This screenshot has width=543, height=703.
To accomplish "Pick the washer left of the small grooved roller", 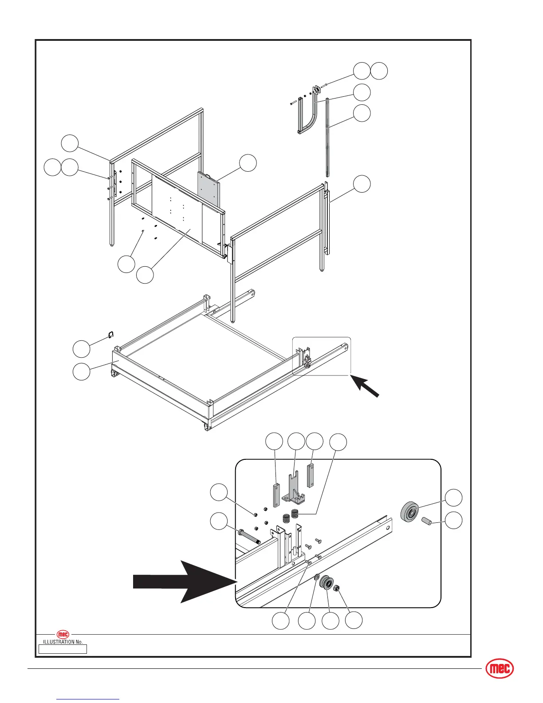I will tap(317, 577).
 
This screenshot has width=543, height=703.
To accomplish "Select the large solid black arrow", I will tap(186, 581).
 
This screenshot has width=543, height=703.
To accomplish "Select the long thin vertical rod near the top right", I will tap(328, 138).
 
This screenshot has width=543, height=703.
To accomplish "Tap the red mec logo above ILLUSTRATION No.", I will tap(63, 635).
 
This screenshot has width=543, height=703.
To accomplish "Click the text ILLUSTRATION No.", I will tap(63, 642).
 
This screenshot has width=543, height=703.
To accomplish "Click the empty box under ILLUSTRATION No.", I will tap(63, 649).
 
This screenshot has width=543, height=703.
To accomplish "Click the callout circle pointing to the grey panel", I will tap(248, 163).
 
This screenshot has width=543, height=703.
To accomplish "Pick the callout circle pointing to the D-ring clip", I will tap(81, 349).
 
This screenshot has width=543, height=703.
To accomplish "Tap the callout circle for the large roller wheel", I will tap(453, 498).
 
